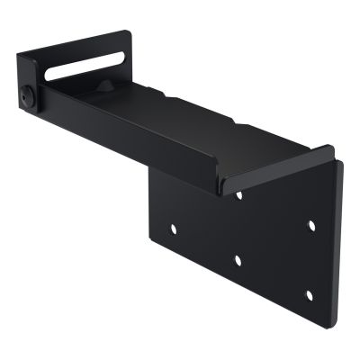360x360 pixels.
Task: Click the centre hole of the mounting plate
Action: click(237, 259)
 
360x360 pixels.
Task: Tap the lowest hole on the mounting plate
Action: click(308, 295)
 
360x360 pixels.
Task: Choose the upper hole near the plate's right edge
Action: click(311, 224)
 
